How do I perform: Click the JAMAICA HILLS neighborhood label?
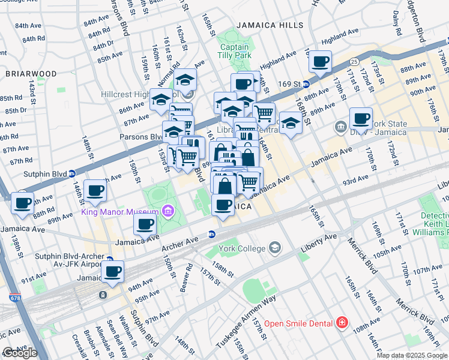(268, 25)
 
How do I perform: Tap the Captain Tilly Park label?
(235, 51)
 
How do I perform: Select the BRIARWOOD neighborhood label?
(31, 74)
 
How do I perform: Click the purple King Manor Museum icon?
(167, 211)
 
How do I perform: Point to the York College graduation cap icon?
(275, 247)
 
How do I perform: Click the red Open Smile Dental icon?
(342, 323)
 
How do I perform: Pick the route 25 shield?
(354, 61)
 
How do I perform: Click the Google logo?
(20, 353)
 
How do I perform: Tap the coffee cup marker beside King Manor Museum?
(144, 225)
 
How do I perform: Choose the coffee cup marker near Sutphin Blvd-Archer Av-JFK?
(112, 271)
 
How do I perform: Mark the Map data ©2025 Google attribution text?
(412, 355)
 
